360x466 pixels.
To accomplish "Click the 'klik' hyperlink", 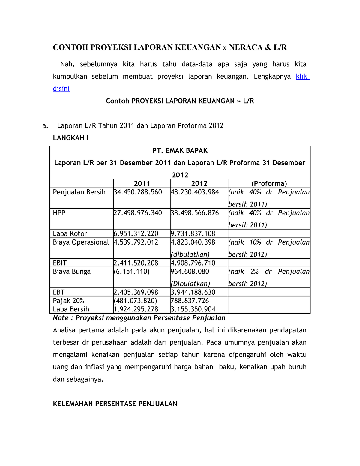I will click(302, 76).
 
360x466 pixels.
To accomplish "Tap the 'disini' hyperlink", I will click(61, 89).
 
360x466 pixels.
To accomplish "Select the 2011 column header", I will click(142, 183).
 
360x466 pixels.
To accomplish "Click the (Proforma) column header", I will click(269, 183).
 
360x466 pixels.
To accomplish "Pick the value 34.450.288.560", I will click(138, 192).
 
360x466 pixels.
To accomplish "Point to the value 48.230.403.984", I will click(195, 192).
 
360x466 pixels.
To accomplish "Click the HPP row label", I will click(59, 213).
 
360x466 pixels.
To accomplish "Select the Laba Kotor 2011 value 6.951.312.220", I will click(136, 233).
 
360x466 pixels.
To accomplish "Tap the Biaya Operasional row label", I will click(81, 242).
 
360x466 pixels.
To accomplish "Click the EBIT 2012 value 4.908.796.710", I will click(193, 263).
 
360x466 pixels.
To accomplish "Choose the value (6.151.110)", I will click(132, 272).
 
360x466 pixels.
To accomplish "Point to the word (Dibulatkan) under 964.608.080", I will click(190, 284).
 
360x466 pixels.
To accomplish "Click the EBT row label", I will click(59, 292).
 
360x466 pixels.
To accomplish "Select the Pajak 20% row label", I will click(68, 301).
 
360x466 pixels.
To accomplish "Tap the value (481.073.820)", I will click(135, 301).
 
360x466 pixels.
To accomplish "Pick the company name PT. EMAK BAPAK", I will click(180, 150).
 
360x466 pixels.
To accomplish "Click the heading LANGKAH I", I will click(71, 138).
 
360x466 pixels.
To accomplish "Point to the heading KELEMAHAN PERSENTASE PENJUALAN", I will click(115, 404).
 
